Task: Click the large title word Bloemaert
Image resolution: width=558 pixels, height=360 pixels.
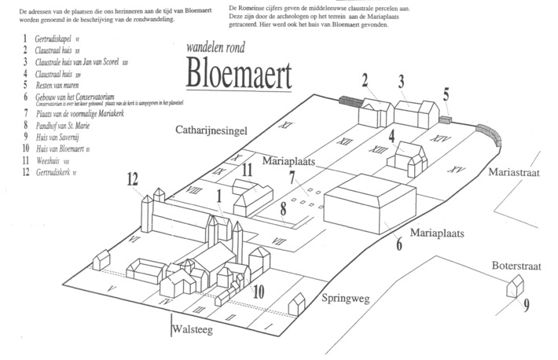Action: [x=238, y=75]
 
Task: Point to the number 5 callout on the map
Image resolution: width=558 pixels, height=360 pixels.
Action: [x=446, y=96]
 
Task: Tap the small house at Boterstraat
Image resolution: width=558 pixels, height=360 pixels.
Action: [x=516, y=285]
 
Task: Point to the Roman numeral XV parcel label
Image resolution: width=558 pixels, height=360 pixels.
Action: [x=452, y=169]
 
